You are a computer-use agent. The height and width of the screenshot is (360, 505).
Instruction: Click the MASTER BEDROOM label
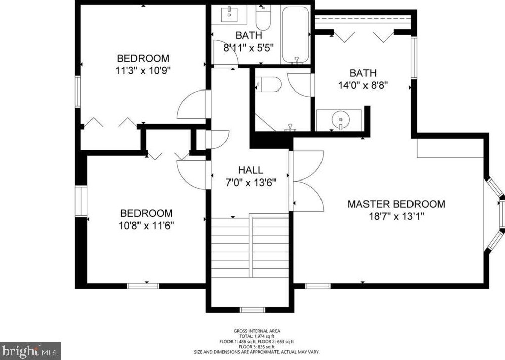click(x=396, y=204)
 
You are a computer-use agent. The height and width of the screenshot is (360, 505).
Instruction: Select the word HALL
click(x=251, y=170)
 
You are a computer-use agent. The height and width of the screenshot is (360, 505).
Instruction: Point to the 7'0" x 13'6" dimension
click(x=251, y=183)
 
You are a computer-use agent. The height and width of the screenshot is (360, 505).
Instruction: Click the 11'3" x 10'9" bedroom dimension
click(x=143, y=70)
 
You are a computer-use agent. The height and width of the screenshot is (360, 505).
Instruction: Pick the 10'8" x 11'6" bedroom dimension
click(x=146, y=226)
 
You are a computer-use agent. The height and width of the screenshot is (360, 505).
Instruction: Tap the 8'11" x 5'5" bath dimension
click(x=249, y=49)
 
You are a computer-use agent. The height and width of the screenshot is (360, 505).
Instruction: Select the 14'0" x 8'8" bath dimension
click(x=363, y=85)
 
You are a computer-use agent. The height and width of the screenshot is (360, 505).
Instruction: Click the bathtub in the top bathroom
click(x=295, y=34)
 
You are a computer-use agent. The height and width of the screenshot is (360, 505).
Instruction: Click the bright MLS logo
click(x=30, y=350)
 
